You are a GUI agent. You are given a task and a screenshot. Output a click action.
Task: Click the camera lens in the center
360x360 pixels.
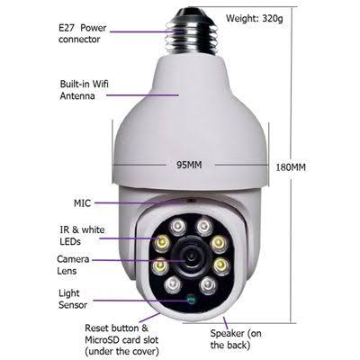tap(190, 257)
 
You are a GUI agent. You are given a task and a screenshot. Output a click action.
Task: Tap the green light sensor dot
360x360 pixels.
tap(191, 299)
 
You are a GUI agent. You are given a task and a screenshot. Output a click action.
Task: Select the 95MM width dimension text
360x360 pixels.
tap(189, 165)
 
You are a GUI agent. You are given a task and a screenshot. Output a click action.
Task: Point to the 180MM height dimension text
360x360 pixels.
tap(291, 167)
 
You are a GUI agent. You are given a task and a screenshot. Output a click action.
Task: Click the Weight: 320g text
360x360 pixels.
tap(255, 18)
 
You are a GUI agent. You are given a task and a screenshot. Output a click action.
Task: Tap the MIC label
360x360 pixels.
tap(82, 203)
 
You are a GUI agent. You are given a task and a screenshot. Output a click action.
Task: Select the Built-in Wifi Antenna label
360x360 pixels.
tap(84, 89)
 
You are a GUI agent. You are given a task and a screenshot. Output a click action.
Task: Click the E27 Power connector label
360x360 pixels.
tap(82, 33)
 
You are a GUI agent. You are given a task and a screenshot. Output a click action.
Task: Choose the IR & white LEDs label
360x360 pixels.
tap(82, 236)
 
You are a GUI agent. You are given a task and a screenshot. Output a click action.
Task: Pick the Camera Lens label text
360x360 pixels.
tap(73, 265)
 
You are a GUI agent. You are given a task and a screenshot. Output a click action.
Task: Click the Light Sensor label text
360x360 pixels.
tap(73, 299)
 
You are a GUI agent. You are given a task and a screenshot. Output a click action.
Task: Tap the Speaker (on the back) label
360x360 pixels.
tap(236, 339)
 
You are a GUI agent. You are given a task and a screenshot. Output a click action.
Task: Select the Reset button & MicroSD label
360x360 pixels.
tap(121, 339)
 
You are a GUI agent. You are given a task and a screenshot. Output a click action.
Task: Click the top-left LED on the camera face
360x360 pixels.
tap(177, 226)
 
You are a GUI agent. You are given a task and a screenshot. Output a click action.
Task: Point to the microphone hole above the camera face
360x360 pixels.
tap(190, 200)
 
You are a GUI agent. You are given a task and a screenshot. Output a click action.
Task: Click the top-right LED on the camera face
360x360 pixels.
tap(203, 226)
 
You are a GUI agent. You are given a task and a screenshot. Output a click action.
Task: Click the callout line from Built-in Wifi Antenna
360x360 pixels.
tap(143, 95)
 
